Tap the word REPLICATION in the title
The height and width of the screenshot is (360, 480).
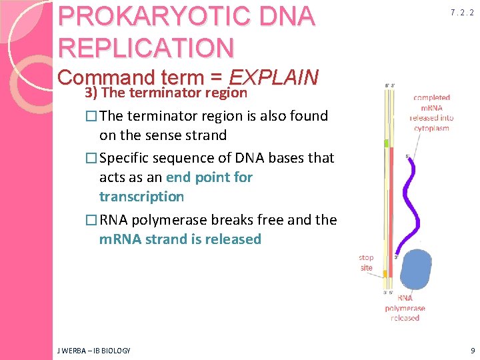tap(147, 47)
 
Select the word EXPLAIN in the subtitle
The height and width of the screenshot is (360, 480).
tap(273, 77)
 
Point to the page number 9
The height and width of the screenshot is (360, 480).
tap(472, 350)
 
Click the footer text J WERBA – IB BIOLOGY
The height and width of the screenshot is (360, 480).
tap(95, 350)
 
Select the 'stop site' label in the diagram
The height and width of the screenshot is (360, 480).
tap(366, 262)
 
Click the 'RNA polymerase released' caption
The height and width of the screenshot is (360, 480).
tap(405, 308)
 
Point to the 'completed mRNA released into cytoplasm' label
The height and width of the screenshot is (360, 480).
tap(431, 113)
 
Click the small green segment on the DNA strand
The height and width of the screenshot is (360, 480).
tap(386, 143)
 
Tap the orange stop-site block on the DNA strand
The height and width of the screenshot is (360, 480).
tap(386, 269)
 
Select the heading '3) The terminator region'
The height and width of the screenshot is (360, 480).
tap(165, 93)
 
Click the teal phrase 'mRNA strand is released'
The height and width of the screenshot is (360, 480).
tap(180, 239)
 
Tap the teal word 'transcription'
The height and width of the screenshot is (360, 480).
tap(141, 197)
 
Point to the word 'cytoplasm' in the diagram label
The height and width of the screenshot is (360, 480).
tap(431, 128)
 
